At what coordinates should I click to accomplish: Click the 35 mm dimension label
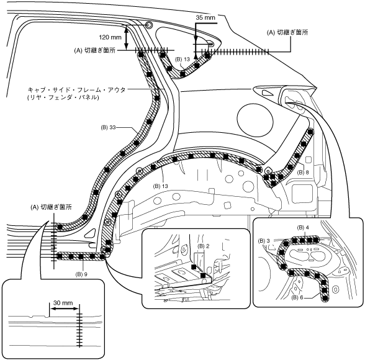(x=205, y=17)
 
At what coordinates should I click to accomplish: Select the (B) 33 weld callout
(x=108, y=127)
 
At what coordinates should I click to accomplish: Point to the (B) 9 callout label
(x=81, y=274)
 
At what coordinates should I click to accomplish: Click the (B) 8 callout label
(x=304, y=172)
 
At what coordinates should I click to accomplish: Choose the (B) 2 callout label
(x=203, y=246)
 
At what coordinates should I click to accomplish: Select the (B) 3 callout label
(x=264, y=241)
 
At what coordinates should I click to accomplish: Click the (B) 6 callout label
(x=297, y=298)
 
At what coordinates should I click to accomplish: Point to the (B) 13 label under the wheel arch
(x=160, y=186)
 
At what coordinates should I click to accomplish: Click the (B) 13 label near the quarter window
(x=182, y=59)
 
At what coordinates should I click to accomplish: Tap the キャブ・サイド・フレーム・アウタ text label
(x=76, y=89)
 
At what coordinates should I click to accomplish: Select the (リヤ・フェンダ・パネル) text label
(x=63, y=97)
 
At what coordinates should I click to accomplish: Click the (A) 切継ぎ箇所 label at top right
(x=287, y=32)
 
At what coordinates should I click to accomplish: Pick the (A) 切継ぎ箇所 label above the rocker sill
(x=51, y=207)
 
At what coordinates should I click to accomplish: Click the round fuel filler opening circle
(x=255, y=117)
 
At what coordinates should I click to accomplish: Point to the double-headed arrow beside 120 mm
(x=127, y=38)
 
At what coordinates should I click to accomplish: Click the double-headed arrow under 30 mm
(x=65, y=309)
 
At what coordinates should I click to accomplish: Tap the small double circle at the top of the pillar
(x=149, y=25)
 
